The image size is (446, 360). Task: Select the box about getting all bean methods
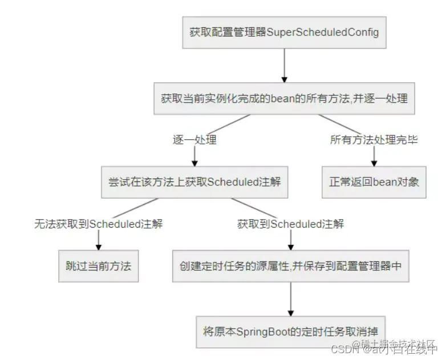[x=283, y=98]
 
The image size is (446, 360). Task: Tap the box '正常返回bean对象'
[x=374, y=182]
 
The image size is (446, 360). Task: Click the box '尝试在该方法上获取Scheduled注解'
[x=194, y=182]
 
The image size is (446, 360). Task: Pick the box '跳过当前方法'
[x=99, y=266]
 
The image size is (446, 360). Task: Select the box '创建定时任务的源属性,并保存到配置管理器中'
[x=290, y=266]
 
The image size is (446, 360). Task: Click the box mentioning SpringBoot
[x=290, y=331]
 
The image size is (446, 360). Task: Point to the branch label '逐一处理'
[x=194, y=140]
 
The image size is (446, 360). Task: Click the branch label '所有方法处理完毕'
[x=374, y=140]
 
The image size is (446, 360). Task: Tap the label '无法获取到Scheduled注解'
[x=99, y=224]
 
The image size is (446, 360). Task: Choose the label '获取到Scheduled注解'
[x=290, y=224]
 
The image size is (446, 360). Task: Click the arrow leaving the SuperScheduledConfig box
[x=283, y=66]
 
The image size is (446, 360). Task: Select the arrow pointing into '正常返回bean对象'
[x=374, y=156]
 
